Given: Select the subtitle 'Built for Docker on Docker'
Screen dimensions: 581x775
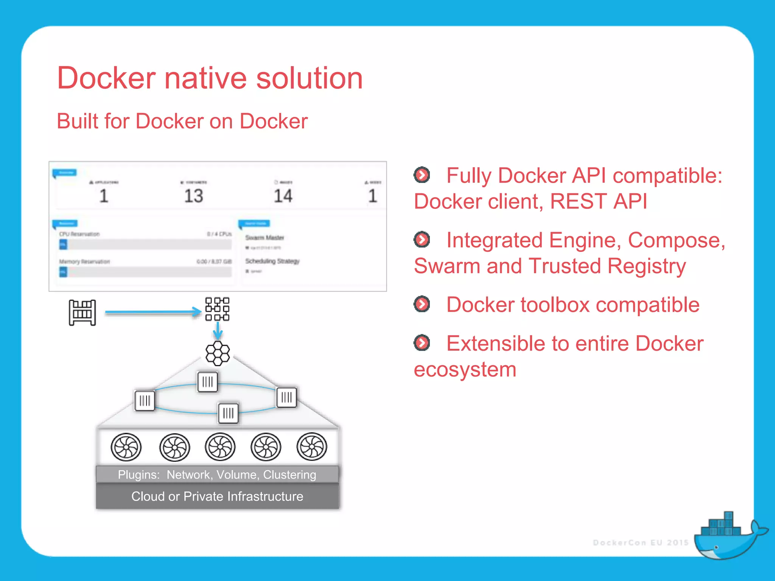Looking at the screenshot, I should (x=182, y=121).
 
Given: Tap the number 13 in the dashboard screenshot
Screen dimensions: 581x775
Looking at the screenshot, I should (x=193, y=196).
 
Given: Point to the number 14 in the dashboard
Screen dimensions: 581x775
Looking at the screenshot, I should (x=283, y=196).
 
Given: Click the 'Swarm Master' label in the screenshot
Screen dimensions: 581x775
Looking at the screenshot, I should (x=264, y=238).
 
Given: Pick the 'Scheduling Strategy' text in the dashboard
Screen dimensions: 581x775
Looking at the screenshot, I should (x=272, y=261).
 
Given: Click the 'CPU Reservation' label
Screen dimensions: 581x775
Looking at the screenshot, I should (x=79, y=234).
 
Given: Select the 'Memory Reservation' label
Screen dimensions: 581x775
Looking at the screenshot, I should (x=84, y=261).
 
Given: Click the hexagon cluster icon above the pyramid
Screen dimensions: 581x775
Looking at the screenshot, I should (x=218, y=353).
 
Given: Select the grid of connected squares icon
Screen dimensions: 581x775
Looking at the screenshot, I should (x=217, y=309).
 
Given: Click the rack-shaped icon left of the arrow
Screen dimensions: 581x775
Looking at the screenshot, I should (x=82, y=312).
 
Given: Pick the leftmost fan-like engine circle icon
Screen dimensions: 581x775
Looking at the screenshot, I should (x=126, y=447).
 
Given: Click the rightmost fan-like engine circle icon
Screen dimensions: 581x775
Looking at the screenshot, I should (x=312, y=447).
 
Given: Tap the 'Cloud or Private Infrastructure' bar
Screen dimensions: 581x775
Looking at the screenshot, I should (x=217, y=496).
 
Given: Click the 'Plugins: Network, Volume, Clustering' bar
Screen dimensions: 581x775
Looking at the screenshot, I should (x=217, y=474).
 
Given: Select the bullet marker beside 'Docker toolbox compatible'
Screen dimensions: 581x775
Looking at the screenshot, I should (x=422, y=304).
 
